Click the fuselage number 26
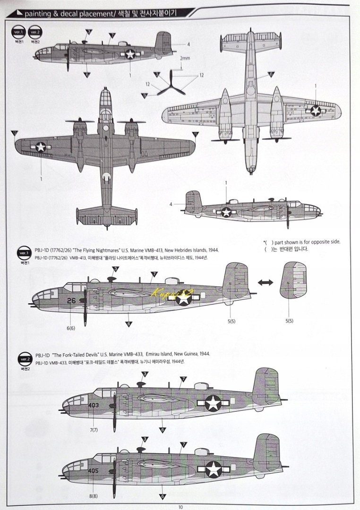pyautogui.click(x=71, y=299)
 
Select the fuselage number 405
pyautogui.click(x=94, y=470)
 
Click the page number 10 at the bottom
pyautogui.click(x=180, y=507)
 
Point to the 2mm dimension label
pyautogui.click(x=185, y=59)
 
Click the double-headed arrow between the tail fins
pyautogui.click(x=266, y=282)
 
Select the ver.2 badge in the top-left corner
pyautogui.click(x=34, y=33)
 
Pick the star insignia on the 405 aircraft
pyautogui.click(x=213, y=469)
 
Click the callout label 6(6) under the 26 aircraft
pyautogui.click(x=71, y=328)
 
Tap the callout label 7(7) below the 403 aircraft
pyautogui.click(x=94, y=430)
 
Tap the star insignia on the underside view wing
pyautogui.click(x=316, y=110)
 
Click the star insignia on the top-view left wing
pyautogui.click(x=41, y=147)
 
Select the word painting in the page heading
pyautogui.click(x=36, y=14)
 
